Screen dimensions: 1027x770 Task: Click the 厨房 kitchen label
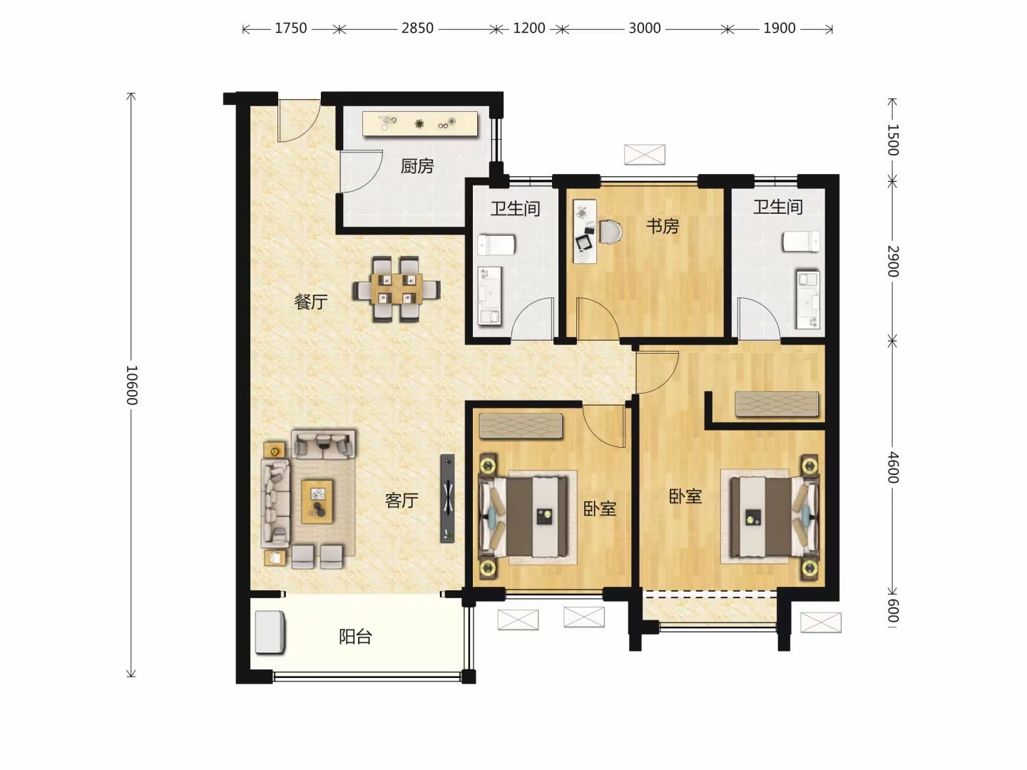[417, 166]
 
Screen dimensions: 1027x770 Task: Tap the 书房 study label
[662, 227]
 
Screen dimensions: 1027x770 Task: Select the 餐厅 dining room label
[311, 302]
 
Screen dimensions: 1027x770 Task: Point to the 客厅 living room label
[402, 500]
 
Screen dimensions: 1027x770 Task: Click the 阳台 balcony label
[356, 637]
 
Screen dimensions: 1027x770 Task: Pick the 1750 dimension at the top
[290, 29]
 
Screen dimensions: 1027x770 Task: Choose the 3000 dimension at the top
[644, 29]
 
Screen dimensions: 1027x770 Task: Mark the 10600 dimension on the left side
[133, 385]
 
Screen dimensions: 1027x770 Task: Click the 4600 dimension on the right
[893, 468]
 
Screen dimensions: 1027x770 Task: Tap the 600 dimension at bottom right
[893, 610]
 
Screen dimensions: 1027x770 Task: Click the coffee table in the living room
[317, 501]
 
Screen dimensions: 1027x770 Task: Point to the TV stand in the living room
[447, 498]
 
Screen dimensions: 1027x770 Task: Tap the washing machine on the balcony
[270, 632]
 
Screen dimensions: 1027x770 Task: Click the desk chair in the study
[610, 232]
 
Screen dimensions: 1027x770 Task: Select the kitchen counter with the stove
[420, 123]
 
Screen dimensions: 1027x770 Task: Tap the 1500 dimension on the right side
[893, 139]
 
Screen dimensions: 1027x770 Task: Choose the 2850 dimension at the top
[417, 29]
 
